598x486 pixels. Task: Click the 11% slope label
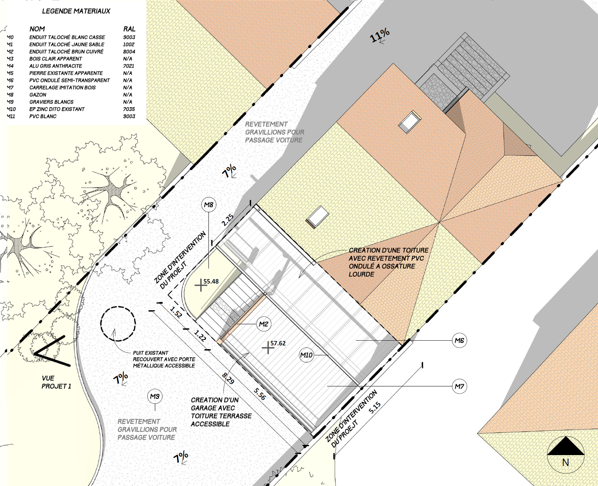point(380,35)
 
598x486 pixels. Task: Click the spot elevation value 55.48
point(211,281)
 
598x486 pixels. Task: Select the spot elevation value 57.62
point(278,343)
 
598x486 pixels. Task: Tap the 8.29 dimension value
point(228,378)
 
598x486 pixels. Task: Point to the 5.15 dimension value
point(375,408)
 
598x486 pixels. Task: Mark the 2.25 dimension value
point(228,220)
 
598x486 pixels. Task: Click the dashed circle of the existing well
point(118,307)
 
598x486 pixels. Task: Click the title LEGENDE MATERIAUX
point(76,11)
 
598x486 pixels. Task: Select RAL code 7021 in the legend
point(129,66)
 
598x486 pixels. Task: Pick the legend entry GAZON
point(38,95)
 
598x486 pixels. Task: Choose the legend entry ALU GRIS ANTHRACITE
point(56,66)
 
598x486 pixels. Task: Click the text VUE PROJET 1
point(56,382)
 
